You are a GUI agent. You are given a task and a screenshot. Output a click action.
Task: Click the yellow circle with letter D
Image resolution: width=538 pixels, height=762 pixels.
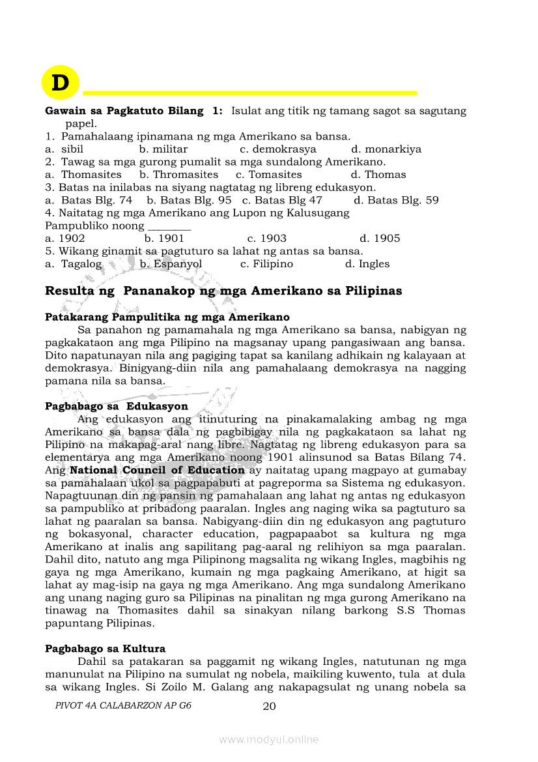click(60, 83)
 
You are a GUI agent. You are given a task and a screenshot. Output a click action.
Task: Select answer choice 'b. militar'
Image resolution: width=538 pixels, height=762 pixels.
click(163, 149)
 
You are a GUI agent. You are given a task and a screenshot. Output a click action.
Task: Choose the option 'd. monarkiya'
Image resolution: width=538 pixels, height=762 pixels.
click(386, 149)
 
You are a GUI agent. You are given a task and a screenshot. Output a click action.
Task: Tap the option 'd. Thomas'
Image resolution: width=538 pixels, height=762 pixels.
click(378, 175)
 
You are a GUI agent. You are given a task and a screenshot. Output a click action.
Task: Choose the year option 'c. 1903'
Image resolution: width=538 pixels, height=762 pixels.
click(267, 239)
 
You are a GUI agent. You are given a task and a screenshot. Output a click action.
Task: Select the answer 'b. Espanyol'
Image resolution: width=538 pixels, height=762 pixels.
click(171, 264)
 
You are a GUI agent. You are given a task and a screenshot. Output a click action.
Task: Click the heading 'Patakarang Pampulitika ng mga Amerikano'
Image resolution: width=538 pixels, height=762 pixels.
click(167, 317)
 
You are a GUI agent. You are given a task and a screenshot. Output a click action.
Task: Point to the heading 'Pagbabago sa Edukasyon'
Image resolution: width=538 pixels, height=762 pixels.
click(117, 407)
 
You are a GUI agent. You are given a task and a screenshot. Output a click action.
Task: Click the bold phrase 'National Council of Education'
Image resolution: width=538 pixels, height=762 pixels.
click(158, 470)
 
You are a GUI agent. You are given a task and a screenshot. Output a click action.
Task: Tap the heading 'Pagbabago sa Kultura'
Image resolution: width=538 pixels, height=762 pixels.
click(105, 649)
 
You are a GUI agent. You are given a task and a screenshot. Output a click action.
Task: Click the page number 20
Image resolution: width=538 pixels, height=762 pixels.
click(269, 706)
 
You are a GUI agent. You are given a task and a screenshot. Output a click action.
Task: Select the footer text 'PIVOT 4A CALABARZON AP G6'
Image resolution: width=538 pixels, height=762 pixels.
click(124, 706)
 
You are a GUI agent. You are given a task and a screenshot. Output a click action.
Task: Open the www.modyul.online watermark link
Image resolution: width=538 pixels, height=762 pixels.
click(269, 739)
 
